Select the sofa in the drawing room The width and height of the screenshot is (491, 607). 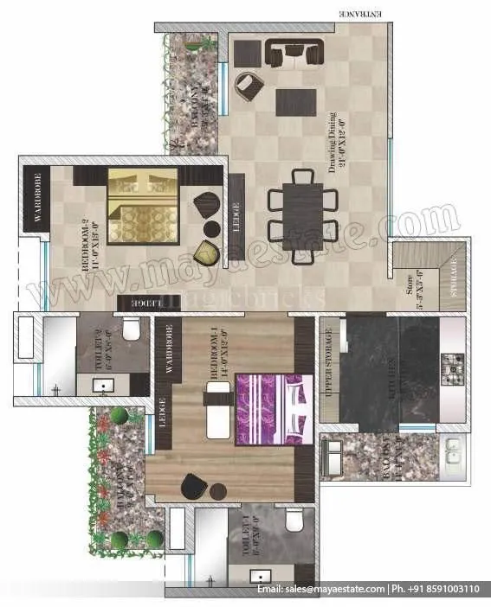[x=294, y=54]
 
